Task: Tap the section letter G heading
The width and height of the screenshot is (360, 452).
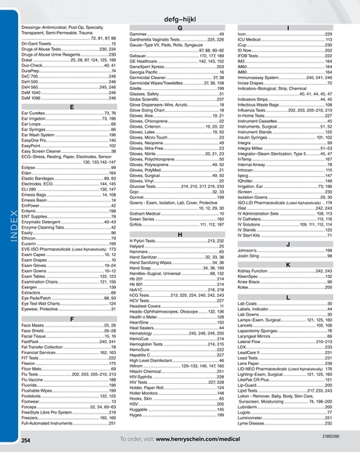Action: click(179, 27)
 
